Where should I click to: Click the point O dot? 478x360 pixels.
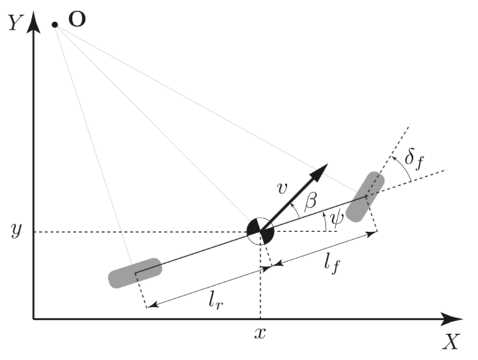55,25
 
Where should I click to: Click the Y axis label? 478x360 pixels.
14,23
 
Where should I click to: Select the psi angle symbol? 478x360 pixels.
336,222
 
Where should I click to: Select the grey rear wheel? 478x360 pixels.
135,273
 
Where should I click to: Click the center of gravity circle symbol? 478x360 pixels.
261,230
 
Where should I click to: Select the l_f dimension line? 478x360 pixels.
325,248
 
